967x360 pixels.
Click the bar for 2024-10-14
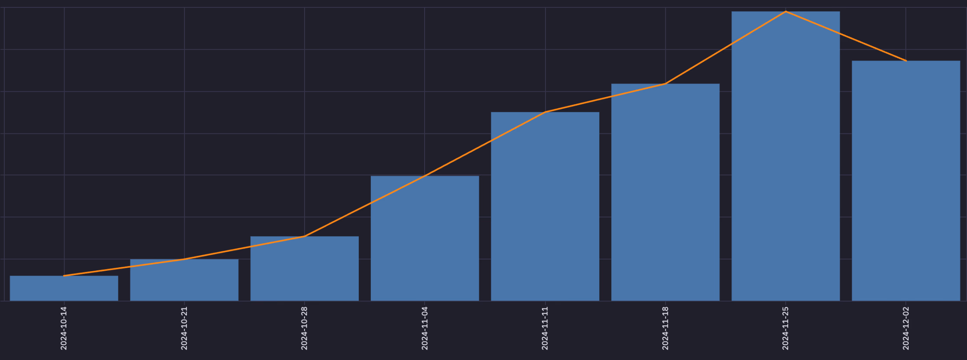click(64, 289)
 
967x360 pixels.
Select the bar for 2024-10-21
click(184, 280)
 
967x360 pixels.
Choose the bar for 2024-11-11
click(545, 207)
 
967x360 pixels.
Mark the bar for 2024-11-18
click(665, 192)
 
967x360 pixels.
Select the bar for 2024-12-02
click(906, 181)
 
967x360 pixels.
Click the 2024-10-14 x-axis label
click(64, 328)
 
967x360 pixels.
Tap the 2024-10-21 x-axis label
click(184, 328)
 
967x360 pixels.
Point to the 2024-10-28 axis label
click(305, 328)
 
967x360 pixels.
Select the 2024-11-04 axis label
click(425, 328)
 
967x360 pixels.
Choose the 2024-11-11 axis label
click(545, 328)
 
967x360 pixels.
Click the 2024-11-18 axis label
click(665, 328)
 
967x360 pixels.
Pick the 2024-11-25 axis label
click(785, 328)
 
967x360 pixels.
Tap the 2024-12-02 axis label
click(906, 328)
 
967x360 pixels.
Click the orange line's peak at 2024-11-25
click(785, 12)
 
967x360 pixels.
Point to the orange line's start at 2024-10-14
click(64, 276)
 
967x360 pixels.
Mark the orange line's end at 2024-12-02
click(906, 61)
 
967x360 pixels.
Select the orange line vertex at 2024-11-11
click(545, 112)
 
